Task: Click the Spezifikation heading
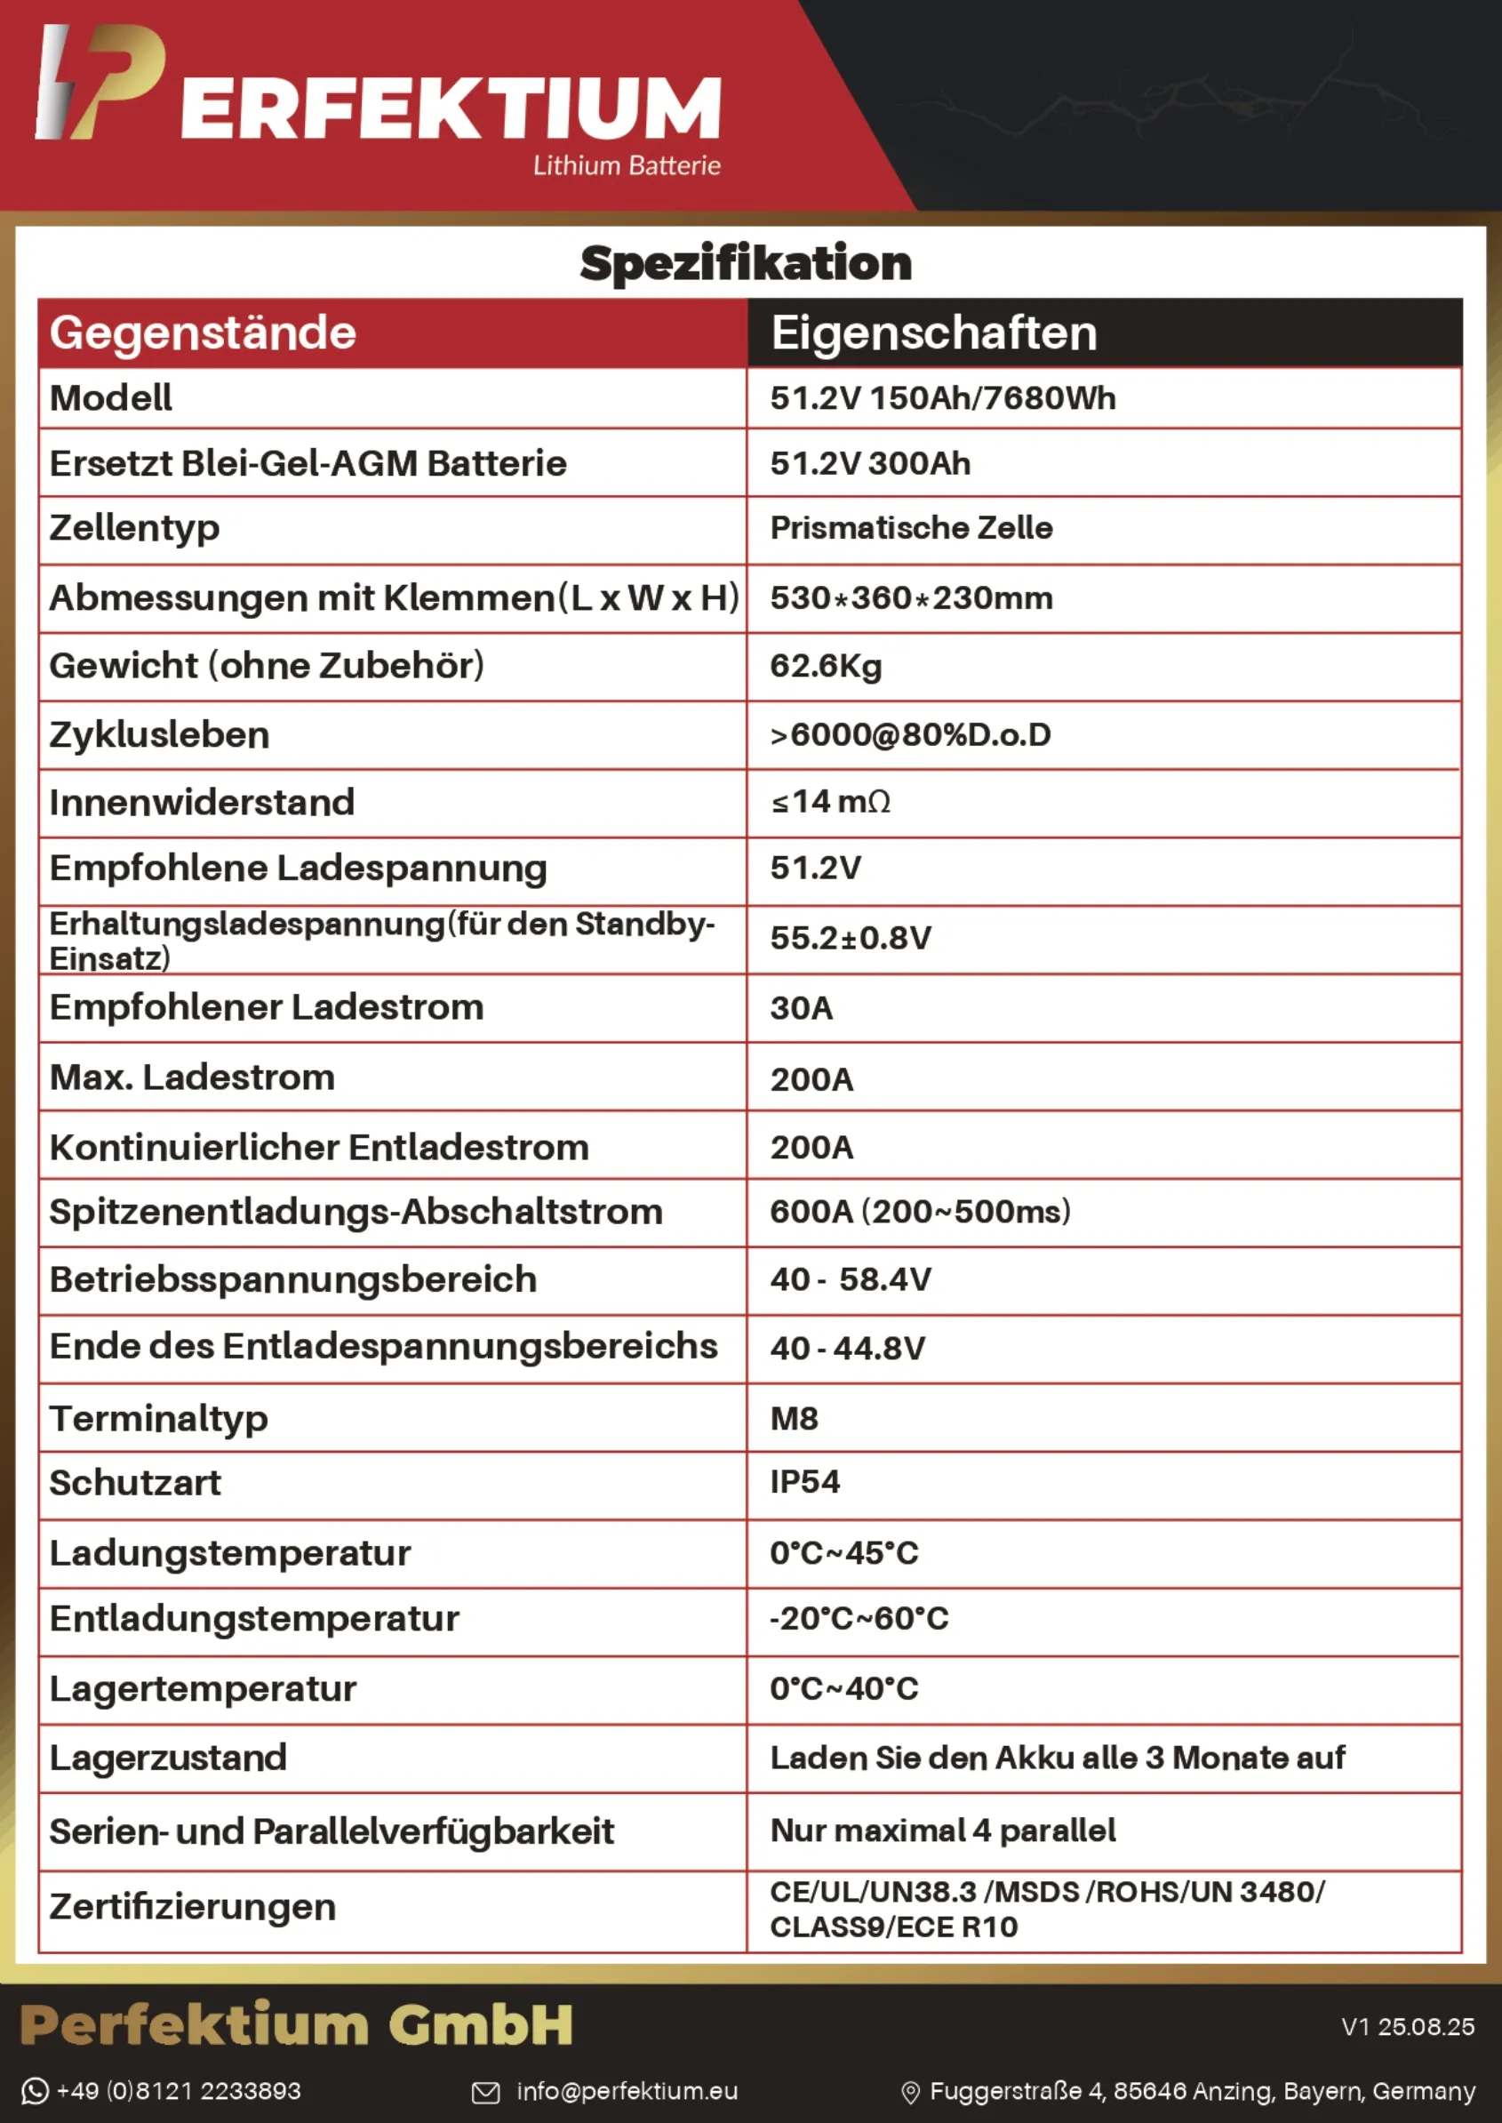(x=746, y=264)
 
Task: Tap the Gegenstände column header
(x=203, y=333)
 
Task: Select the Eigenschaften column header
(x=934, y=333)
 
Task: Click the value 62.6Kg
(x=826, y=666)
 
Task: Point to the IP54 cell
(x=804, y=1482)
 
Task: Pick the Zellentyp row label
(x=134, y=528)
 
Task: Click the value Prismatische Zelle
(x=911, y=528)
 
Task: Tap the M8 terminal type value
(x=794, y=1418)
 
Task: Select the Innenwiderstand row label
(x=202, y=802)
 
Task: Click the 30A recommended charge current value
(x=801, y=1008)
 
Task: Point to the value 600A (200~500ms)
(x=920, y=1212)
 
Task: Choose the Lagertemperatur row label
(x=203, y=1689)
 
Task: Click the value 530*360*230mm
(x=911, y=598)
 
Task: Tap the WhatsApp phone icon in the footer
(x=36, y=2091)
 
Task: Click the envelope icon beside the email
(x=485, y=2092)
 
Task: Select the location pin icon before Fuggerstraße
(x=910, y=2093)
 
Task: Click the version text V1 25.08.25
(x=1408, y=2027)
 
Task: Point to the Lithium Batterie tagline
(x=627, y=165)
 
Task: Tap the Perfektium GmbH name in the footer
(x=296, y=2025)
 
